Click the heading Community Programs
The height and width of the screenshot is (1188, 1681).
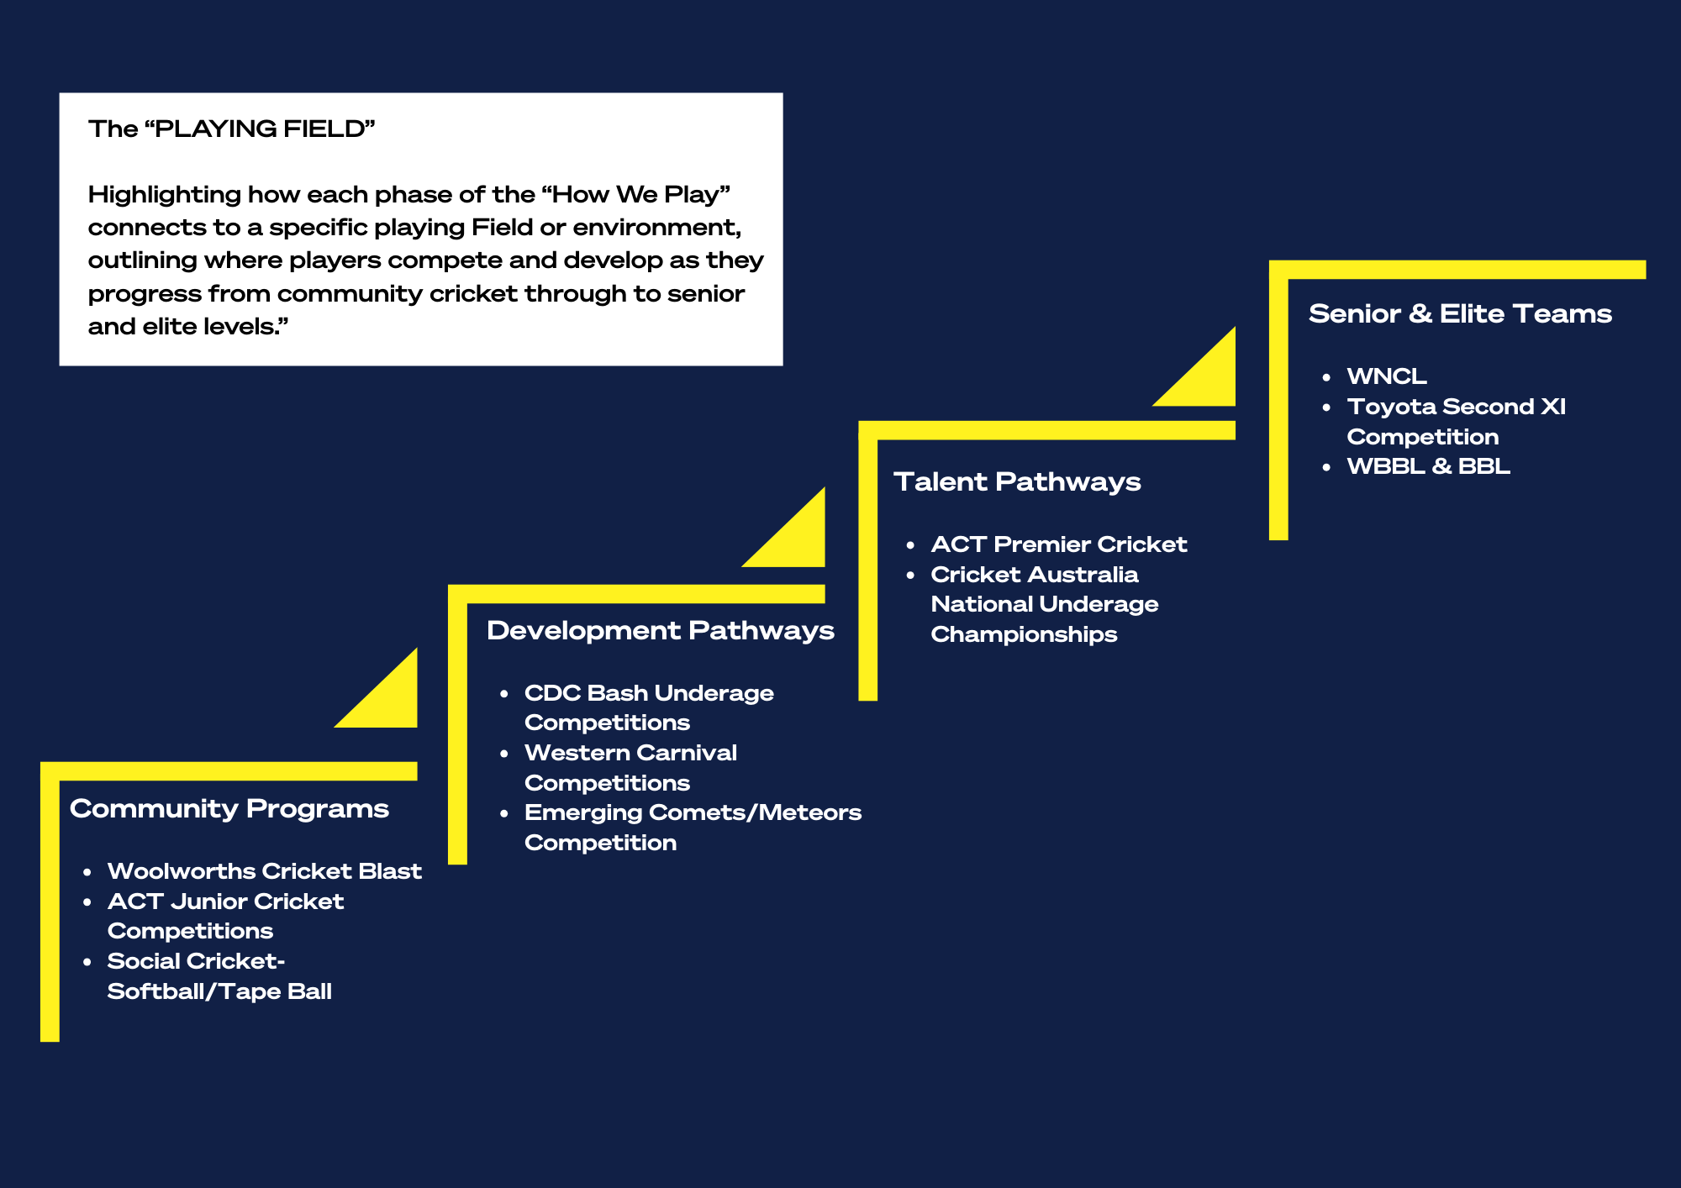(x=229, y=808)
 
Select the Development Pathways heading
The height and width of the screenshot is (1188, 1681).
(x=660, y=630)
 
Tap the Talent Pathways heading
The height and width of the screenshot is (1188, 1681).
(x=1017, y=481)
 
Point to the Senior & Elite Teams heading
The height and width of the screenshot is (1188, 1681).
(x=1460, y=313)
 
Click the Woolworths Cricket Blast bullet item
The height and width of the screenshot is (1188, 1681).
(x=264, y=871)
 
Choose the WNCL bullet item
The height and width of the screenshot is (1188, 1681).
(x=1387, y=376)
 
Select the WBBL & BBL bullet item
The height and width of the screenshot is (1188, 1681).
(x=1428, y=466)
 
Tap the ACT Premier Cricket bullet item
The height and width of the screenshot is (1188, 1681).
(x=1059, y=544)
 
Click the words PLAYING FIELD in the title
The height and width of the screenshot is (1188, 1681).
(x=261, y=129)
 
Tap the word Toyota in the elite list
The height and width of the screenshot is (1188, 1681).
(x=1391, y=407)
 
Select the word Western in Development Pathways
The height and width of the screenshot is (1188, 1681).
(x=573, y=753)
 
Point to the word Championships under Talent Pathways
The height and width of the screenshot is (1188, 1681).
(x=1024, y=634)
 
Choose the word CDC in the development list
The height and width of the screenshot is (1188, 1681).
(x=552, y=693)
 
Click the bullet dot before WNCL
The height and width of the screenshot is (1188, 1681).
(x=1326, y=377)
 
